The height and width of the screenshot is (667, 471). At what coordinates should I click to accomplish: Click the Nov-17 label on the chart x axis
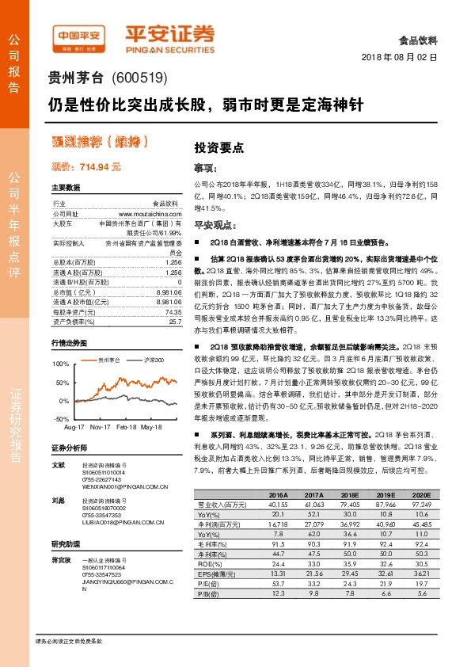(100, 427)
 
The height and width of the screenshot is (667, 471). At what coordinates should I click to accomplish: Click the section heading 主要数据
(66, 189)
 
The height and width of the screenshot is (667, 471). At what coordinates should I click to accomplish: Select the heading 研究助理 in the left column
(66, 544)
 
